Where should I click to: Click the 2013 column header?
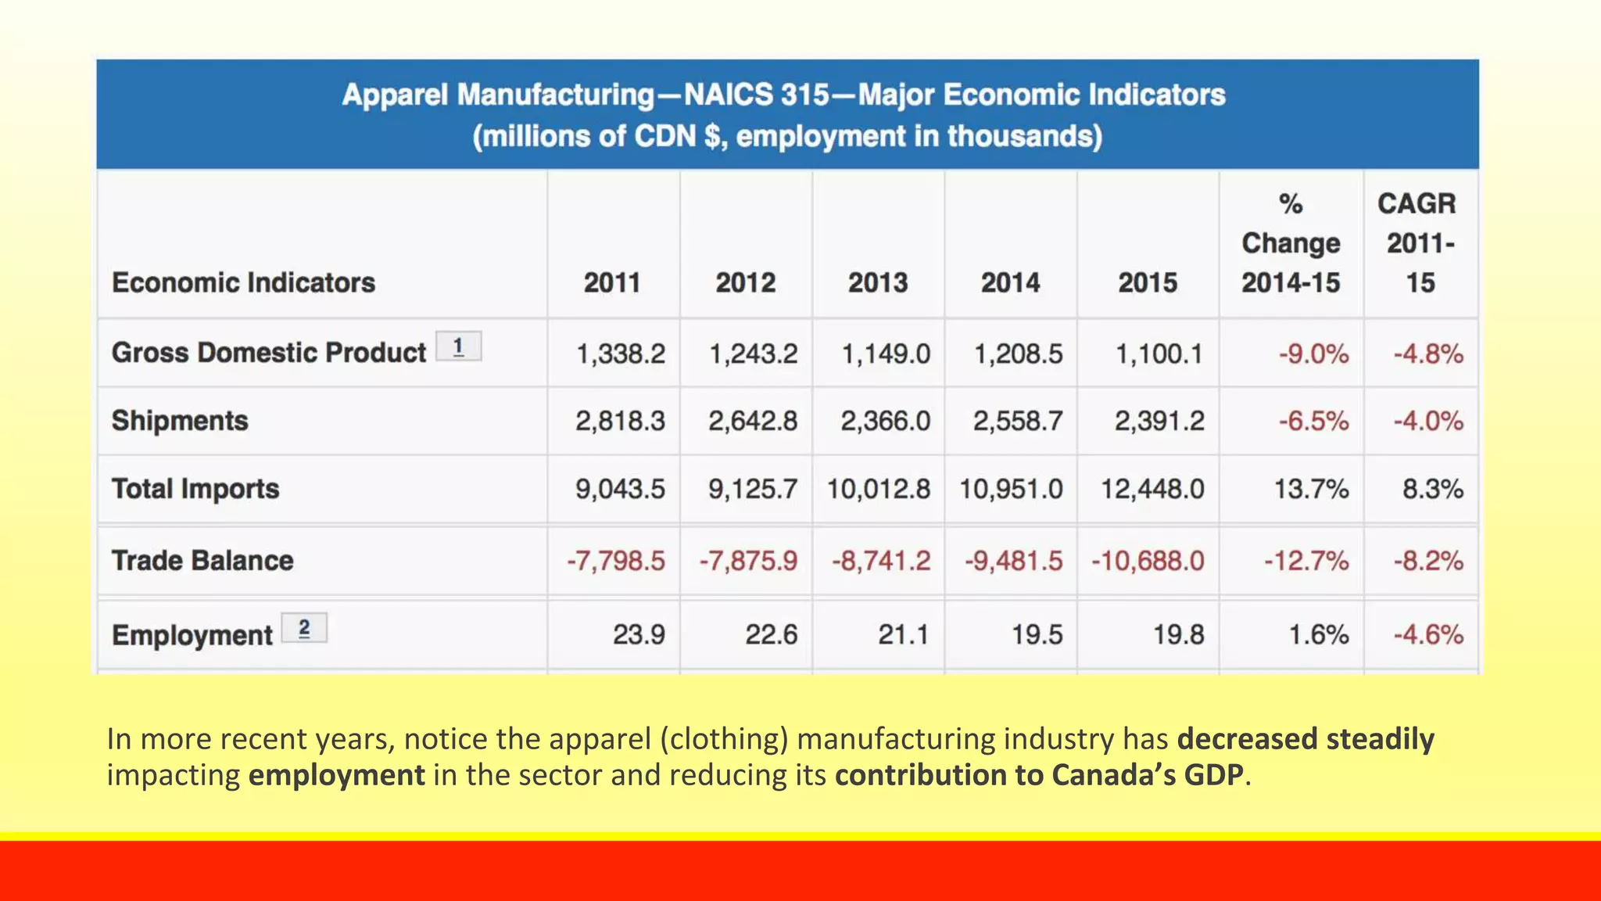pyautogui.click(x=878, y=282)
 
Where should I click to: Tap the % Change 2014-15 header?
pyautogui.click(x=1291, y=243)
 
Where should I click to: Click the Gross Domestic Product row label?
pyautogui.click(x=268, y=353)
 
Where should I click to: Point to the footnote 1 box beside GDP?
pyautogui.click(x=458, y=346)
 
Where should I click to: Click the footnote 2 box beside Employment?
pyautogui.click(x=304, y=628)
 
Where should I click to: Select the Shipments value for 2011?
pyautogui.click(x=620, y=421)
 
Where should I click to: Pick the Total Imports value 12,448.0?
pyautogui.click(x=1152, y=490)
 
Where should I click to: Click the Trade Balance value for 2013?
pyautogui.click(x=881, y=561)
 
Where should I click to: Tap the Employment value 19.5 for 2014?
pyautogui.click(x=1037, y=634)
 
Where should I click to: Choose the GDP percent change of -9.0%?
pyautogui.click(x=1313, y=354)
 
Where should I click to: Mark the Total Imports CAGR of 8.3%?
pyautogui.click(x=1432, y=490)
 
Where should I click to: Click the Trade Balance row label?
pyautogui.click(x=202, y=561)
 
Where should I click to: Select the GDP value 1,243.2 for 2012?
pyautogui.click(x=753, y=354)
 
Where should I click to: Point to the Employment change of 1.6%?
pyautogui.click(x=1318, y=634)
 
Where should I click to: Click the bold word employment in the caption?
pyautogui.click(x=336, y=775)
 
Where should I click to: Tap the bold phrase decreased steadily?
pyautogui.click(x=1305, y=739)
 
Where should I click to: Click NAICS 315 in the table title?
pyautogui.click(x=756, y=95)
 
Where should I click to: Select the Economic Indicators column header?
pyautogui.click(x=243, y=282)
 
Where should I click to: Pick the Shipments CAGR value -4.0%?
pyautogui.click(x=1427, y=422)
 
